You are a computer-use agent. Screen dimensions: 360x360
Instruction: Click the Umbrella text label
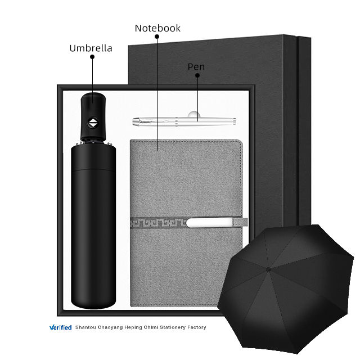(x=91, y=48)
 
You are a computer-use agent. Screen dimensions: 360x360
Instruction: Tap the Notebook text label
(x=157, y=28)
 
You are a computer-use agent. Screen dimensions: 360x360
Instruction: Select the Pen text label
(x=196, y=67)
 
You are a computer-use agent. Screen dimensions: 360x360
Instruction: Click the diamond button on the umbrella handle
(x=93, y=123)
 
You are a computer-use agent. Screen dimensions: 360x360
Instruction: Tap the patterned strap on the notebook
(x=189, y=223)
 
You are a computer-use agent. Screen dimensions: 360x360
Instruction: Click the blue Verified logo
(x=61, y=327)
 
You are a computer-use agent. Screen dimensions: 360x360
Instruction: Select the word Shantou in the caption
(x=85, y=327)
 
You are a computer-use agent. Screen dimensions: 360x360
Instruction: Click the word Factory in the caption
(x=196, y=327)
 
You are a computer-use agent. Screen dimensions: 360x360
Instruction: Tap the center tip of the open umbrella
(x=268, y=269)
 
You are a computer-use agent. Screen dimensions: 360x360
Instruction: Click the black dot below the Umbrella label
(x=92, y=57)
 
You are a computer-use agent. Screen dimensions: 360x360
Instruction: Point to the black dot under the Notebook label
(x=157, y=37)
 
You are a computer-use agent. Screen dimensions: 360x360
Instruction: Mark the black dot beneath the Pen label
(x=197, y=75)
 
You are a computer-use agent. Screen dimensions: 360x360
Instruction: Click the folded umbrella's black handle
(x=93, y=116)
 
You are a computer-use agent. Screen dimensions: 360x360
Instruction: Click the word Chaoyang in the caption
(x=110, y=327)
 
